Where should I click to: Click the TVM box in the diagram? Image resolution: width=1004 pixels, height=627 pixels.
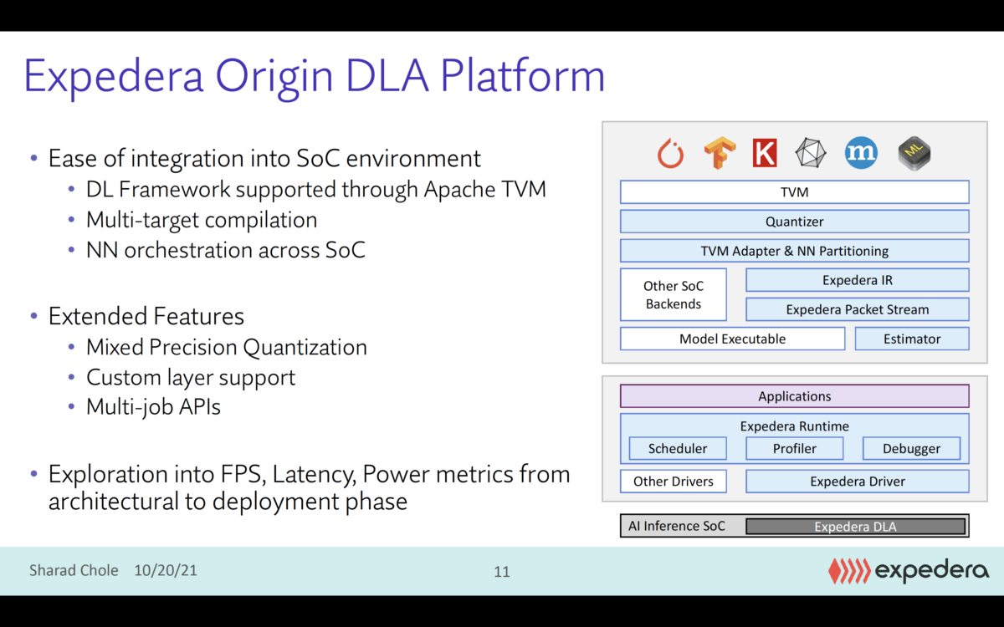(794, 192)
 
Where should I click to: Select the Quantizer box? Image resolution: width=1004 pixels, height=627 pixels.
(794, 222)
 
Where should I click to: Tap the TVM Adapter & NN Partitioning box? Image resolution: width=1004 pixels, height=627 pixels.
(794, 251)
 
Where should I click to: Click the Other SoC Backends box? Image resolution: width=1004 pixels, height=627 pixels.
(674, 295)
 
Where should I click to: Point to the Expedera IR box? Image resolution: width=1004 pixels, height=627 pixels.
(857, 280)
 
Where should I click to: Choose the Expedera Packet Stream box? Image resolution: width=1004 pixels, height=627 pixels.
(857, 309)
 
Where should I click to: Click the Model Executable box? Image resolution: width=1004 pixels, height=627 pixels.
(732, 339)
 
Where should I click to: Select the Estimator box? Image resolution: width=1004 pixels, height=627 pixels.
(911, 339)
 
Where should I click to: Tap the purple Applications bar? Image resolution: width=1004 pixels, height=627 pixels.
(794, 396)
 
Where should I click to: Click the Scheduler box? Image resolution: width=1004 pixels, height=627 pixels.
(678, 449)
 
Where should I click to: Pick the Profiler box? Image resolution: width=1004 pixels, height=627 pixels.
(794, 449)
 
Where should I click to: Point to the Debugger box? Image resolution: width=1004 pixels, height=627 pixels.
(911, 449)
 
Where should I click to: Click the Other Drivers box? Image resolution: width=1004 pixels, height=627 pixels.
(674, 482)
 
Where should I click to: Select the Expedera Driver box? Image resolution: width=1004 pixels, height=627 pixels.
(857, 482)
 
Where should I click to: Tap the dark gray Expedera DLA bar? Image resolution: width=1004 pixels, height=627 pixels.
(855, 527)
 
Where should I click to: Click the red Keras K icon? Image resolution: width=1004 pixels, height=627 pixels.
(764, 153)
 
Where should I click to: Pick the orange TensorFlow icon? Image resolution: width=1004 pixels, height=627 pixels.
(719, 153)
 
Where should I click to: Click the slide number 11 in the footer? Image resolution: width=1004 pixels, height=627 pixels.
(502, 572)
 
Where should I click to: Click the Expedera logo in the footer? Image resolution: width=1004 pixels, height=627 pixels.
(908, 571)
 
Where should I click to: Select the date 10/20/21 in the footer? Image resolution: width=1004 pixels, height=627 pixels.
(166, 571)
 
